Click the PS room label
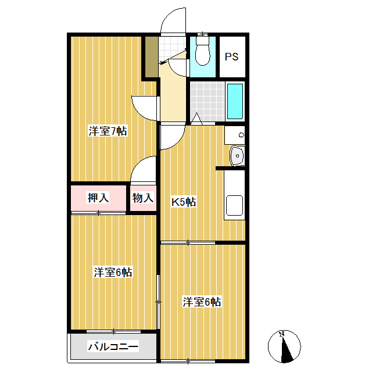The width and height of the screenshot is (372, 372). pyautogui.click(x=233, y=57)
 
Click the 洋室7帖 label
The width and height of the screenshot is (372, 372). pyautogui.click(x=108, y=131)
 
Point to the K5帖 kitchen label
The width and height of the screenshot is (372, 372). pyautogui.click(x=183, y=202)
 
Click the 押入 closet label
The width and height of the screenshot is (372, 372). pyautogui.click(x=98, y=198)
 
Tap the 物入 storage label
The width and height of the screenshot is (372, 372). pyautogui.click(x=142, y=198)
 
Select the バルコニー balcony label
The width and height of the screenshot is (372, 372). pyautogui.click(x=113, y=348)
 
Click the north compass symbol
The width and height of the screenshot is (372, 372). pyautogui.click(x=284, y=345)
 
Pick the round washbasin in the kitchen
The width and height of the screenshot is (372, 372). pyautogui.click(x=237, y=155)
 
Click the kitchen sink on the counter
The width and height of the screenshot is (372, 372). pyautogui.click(x=235, y=205)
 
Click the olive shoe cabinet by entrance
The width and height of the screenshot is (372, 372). pyautogui.click(x=151, y=57)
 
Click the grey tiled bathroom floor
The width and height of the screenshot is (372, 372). pyautogui.click(x=206, y=102)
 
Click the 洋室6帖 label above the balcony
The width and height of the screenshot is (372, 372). pyautogui.click(x=113, y=272)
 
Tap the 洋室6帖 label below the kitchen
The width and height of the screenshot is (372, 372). pyautogui.click(x=201, y=302)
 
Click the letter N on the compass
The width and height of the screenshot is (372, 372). pyautogui.click(x=281, y=334)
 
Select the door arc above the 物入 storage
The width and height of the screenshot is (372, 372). pyautogui.click(x=144, y=170)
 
